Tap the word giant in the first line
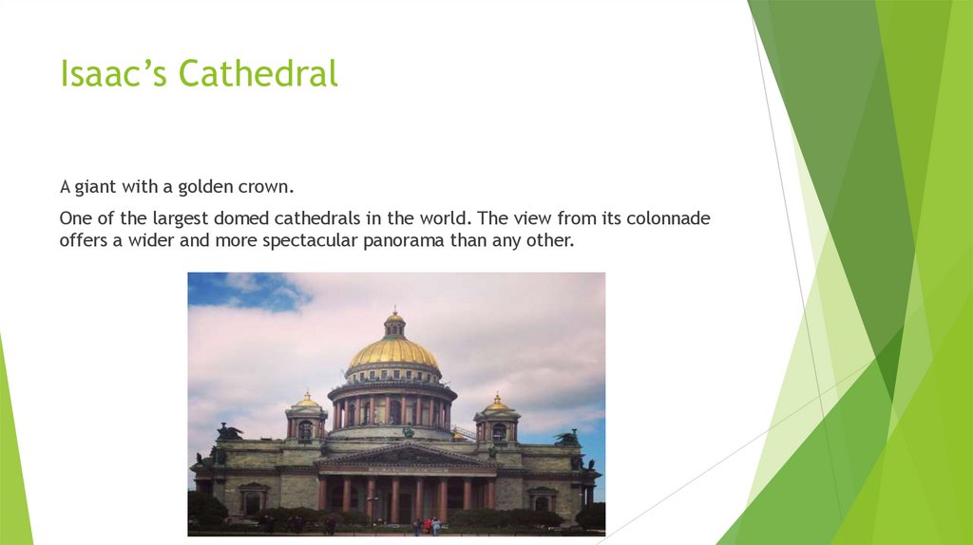(95, 187)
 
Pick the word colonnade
(669, 219)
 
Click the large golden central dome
(393, 354)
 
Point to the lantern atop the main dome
(393, 325)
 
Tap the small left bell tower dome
(306, 403)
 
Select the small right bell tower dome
(496, 404)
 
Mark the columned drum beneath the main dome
(392, 408)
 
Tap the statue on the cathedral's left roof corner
(228, 432)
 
